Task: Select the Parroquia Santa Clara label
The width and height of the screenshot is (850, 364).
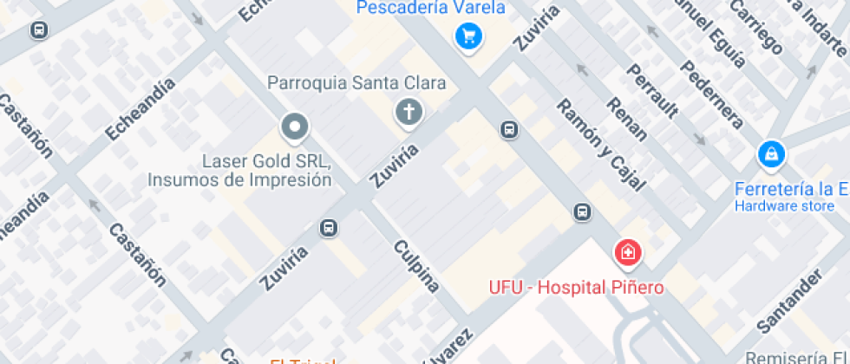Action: click(356, 83)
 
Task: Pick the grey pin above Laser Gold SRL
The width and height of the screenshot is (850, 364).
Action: click(295, 128)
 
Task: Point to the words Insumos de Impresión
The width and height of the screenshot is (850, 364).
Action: click(240, 180)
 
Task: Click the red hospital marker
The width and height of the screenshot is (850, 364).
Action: click(627, 252)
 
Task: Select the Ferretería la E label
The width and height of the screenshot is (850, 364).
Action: click(789, 189)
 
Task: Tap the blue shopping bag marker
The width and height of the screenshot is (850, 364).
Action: click(769, 155)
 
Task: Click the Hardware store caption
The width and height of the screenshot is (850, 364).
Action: click(784, 206)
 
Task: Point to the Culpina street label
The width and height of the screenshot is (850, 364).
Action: click(417, 265)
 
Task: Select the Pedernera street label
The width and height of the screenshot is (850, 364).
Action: click(711, 94)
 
